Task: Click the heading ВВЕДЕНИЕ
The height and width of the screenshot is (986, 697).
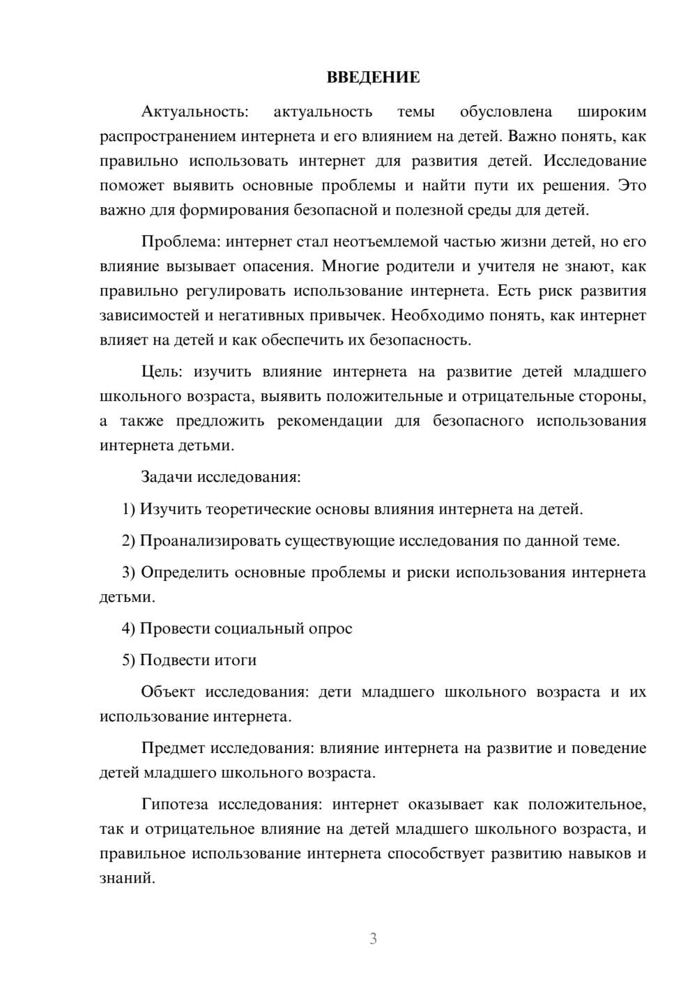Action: (373, 77)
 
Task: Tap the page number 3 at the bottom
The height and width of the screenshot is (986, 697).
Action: (373, 939)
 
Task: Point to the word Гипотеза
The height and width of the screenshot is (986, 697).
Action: (174, 805)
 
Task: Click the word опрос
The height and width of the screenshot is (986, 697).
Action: (330, 628)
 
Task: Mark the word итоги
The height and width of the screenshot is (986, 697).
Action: (235, 660)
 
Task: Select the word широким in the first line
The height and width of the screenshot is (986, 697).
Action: (612, 112)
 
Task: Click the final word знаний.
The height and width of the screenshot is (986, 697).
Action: (127, 878)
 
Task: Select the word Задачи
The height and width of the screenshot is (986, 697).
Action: (167, 478)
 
